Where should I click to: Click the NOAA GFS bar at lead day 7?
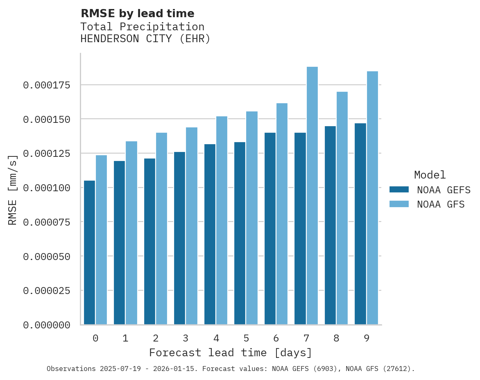point(312,196)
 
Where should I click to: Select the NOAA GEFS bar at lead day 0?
point(89,252)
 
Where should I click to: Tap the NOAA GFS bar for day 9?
point(372,198)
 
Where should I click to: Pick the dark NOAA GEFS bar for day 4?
point(210,234)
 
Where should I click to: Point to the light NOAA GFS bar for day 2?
point(161,228)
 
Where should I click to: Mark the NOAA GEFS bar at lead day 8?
point(330,225)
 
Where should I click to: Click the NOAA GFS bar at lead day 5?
point(252,218)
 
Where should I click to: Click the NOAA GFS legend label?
point(441,204)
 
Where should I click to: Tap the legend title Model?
point(430,175)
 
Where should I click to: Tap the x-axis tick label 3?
point(186,338)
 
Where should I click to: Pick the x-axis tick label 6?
point(276,338)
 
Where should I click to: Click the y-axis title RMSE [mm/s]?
point(13,190)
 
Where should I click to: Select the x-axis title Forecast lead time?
point(231,353)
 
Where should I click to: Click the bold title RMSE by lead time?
point(137,14)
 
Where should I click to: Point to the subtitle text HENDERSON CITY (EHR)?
point(145,39)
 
